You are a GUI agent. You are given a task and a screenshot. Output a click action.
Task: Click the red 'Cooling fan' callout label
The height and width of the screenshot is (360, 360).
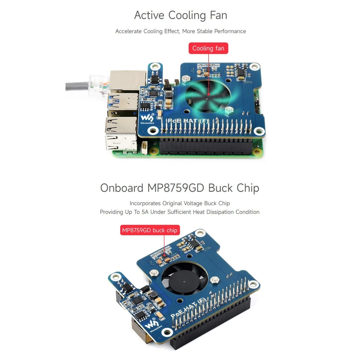click(x=208, y=48)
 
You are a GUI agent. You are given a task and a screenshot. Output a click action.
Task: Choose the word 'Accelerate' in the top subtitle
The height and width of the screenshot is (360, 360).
click(x=128, y=31)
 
